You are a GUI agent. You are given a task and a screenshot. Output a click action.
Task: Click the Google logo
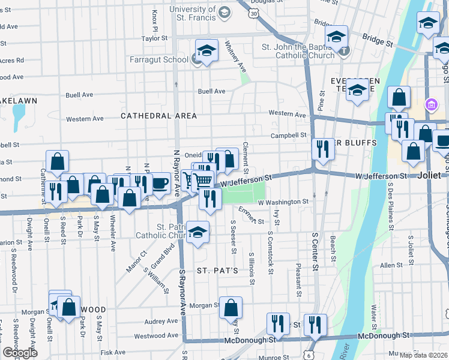(x=20, y=352)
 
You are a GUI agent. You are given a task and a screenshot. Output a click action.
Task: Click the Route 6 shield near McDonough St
(x=309, y=355)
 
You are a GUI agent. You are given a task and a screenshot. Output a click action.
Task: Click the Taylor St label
(x=154, y=38)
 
